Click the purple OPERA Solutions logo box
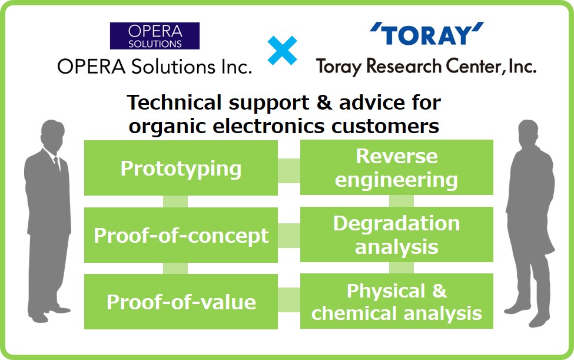[155, 35]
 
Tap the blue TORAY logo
[427, 36]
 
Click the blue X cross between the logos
[283, 50]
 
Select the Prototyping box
[181, 168]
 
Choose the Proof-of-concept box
[181, 235]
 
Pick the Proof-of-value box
[181, 302]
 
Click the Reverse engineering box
[396, 168]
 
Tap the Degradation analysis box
[396, 235]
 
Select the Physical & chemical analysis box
[396, 302]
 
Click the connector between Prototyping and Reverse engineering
[288, 170]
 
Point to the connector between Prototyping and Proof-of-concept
[175, 202]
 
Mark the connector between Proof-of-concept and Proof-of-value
[175, 269]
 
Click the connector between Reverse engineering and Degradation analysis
[401, 202]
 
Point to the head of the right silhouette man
[527, 133]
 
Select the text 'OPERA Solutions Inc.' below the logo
[154, 67]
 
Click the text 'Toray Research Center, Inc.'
[426, 67]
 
